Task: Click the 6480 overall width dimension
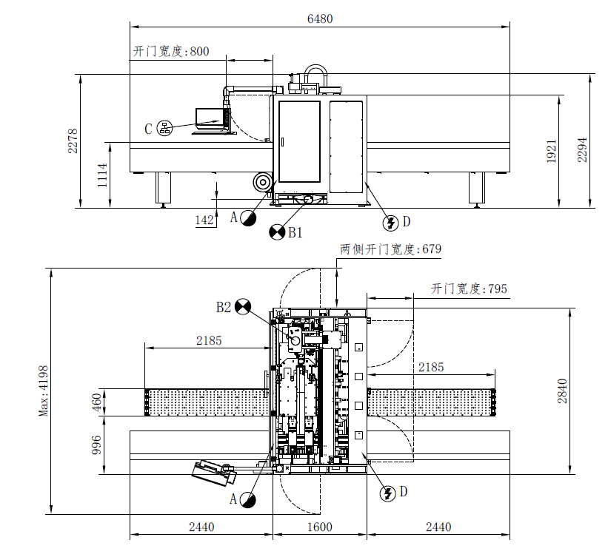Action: (x=319, y=19)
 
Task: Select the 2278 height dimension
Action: (x=72, y=141)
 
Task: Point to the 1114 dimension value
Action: (x=102, y=176)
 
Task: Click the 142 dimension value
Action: (x=205, y=220)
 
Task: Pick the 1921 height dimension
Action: (x=551, y=152)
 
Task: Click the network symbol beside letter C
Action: (x=164, y=129)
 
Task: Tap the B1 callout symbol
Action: (x=277, y=232)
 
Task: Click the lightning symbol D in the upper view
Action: (x=390, y=222)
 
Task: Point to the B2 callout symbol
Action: (x=244, y=307)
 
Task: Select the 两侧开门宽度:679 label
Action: (x=390, y=249)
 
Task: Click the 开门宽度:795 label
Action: (x=470, y=288)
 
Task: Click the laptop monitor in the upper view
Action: (x=209, y=116)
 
